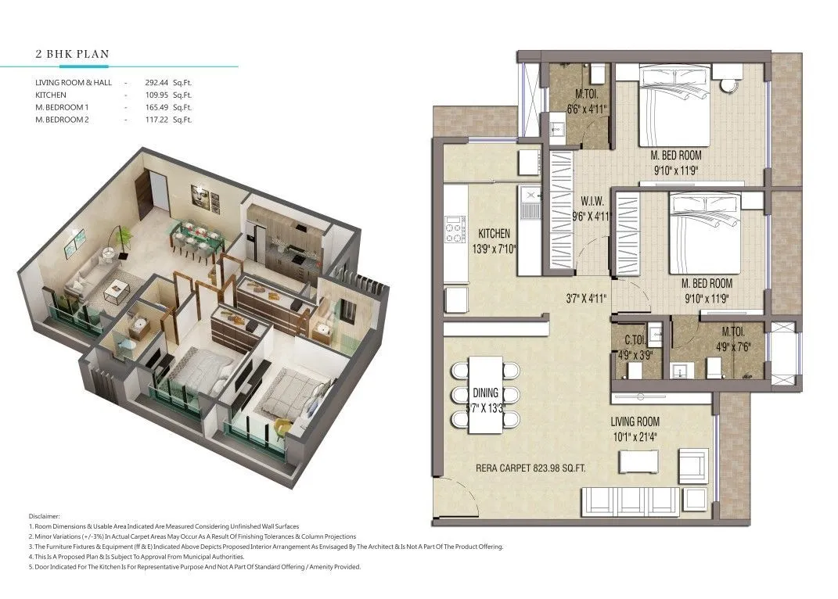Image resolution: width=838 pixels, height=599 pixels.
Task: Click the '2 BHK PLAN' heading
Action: [x=72, y=55]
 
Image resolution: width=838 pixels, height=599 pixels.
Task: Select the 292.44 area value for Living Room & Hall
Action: [x=158, y=81]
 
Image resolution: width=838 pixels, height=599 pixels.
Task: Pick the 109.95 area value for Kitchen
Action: [x=158, y=94]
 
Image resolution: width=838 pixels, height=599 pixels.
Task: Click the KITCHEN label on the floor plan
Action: [x=494, y=234]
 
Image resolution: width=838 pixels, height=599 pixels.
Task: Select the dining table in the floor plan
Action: [x=484, y=394]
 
